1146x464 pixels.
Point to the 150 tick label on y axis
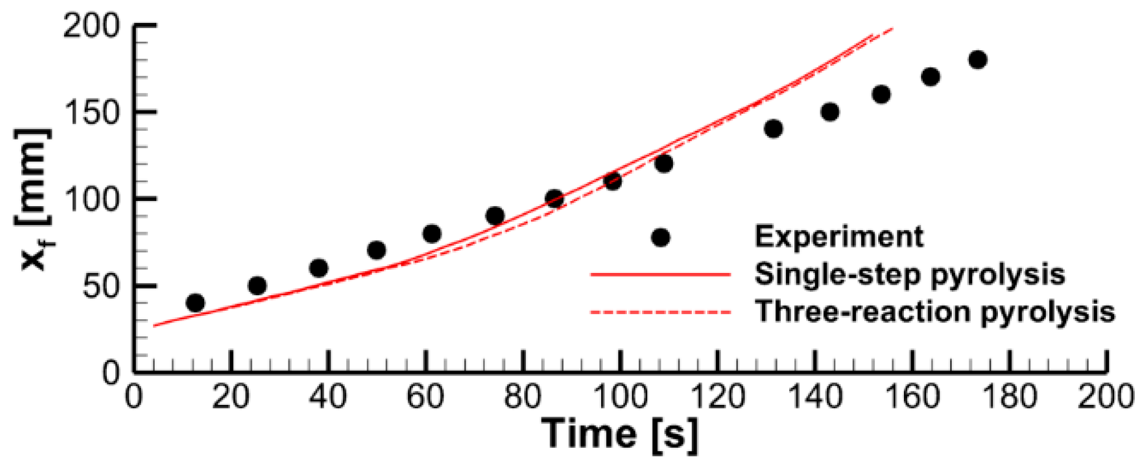92,113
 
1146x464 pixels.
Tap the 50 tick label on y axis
101,286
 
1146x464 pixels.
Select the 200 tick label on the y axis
92,26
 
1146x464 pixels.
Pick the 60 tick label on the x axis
425,398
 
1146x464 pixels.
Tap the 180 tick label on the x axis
1009,398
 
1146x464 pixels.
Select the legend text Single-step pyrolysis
909,274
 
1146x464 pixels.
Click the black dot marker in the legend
660,238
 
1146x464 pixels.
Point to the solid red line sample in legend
660,274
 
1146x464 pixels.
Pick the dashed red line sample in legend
660,312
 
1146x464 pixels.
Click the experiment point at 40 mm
195,303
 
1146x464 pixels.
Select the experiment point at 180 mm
978,60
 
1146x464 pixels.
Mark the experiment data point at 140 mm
774,129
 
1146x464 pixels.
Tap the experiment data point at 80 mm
432,233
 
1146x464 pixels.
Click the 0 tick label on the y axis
111,372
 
